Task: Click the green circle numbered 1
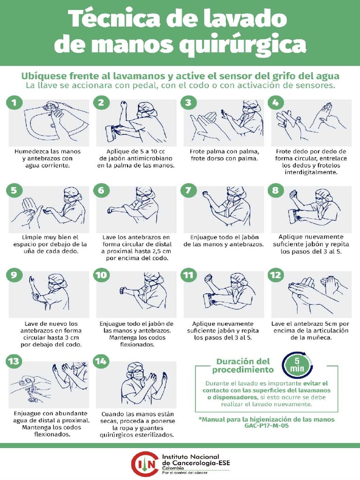tap(14, 103)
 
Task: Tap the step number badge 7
tap(188, 190)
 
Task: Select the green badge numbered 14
tap(101, 361)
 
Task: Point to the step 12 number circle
tap(275, 275)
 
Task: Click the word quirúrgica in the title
tap(242, 44)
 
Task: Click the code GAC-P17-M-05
tap(267, 426)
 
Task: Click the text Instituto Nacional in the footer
tap(190, 457)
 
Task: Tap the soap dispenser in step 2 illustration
tap(110, 132)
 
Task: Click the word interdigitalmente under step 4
tap(311, 172)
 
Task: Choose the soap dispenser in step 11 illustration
tap(209, 301)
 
